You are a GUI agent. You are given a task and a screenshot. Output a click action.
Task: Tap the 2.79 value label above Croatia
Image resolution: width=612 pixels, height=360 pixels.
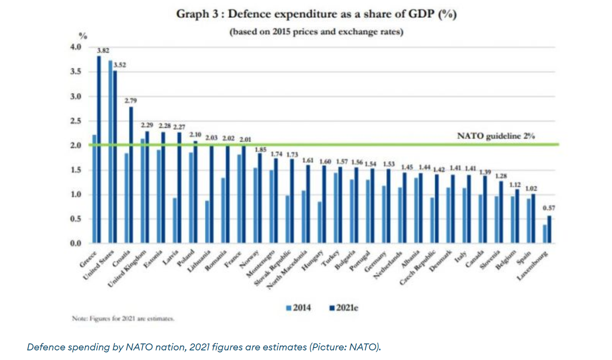click(131, 100)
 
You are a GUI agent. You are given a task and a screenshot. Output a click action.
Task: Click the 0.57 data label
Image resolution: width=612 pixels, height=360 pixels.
click(548, 208)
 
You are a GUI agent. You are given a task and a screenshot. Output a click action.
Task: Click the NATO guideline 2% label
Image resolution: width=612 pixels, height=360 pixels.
click(496, 136)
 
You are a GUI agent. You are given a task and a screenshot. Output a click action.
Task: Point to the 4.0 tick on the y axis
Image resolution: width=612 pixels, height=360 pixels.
click(76, 47)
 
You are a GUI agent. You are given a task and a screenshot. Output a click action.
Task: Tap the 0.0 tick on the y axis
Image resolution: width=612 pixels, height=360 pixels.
click(76, 244)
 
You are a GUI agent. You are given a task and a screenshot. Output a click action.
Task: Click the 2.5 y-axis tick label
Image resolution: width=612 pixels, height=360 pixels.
click(76, 121)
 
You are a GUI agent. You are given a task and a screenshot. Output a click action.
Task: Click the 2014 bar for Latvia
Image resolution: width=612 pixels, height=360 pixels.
click(175, 221)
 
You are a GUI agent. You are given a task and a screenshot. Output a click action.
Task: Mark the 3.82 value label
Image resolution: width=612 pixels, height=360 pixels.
click(103, 50)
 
